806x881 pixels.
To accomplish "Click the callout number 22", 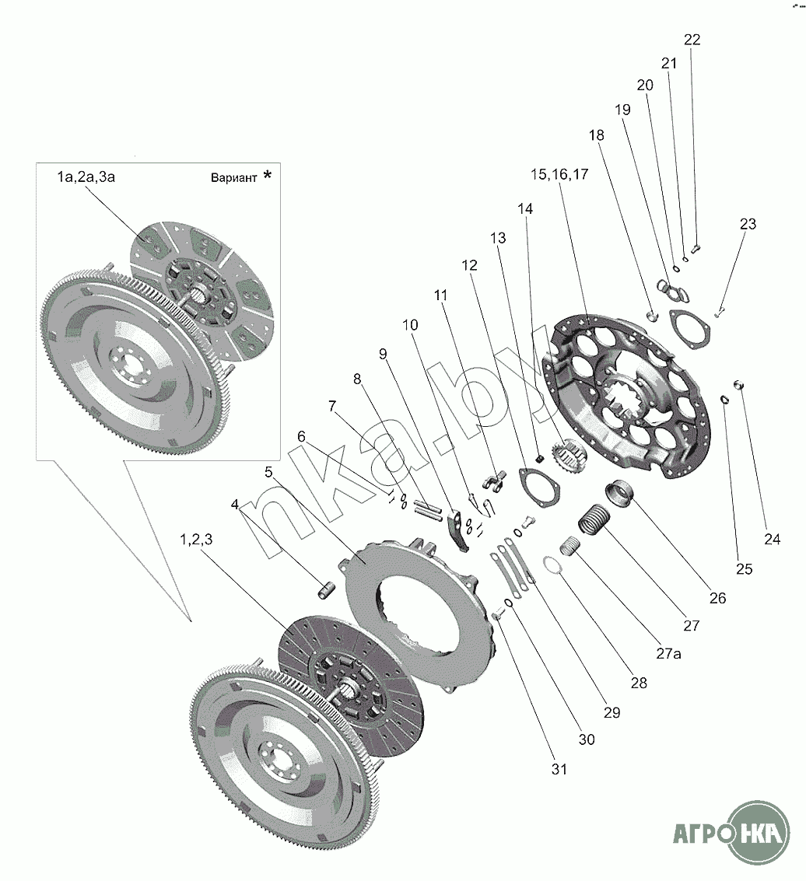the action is pyautogui.click(x=692, y=40).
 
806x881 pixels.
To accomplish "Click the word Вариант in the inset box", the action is pyautogui.click(x=233, y=177).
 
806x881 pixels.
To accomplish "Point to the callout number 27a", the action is pyautogui.click(x=668, y=654).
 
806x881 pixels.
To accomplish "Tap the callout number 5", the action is pyautogui.click(x=268, y=472).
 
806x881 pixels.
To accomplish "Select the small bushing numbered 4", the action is pyautogui.click(x=327, y=590).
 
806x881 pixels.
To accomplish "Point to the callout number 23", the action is pyautogui.click(x=747, y=224).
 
